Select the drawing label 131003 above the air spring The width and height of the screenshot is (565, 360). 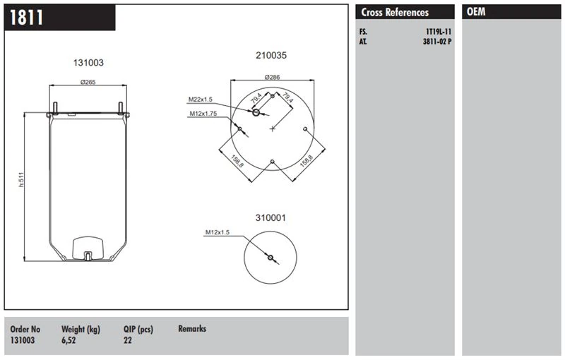click(x=88, y=63)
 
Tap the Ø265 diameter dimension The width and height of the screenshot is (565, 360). click(x=88, y=82)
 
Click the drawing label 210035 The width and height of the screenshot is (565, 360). click(x=271, y=55)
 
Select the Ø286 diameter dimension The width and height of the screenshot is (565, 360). click(x=272, y=76)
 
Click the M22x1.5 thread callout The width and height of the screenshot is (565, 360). click(x=200, y=100)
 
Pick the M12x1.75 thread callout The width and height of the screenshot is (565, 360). click(x=202, y=114)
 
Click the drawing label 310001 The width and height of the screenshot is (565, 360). click(x=270, y=218)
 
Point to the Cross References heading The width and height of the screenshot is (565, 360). click(x=395, y=13)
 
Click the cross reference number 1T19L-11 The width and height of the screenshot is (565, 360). click(x=438, y=32)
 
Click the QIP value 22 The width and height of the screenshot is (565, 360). click(x=128, y=340)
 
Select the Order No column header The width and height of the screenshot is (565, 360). click(x=26, y=329)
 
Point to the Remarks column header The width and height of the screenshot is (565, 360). click(x=192, y=329)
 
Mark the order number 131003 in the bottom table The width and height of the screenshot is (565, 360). click(x=23, y=340)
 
